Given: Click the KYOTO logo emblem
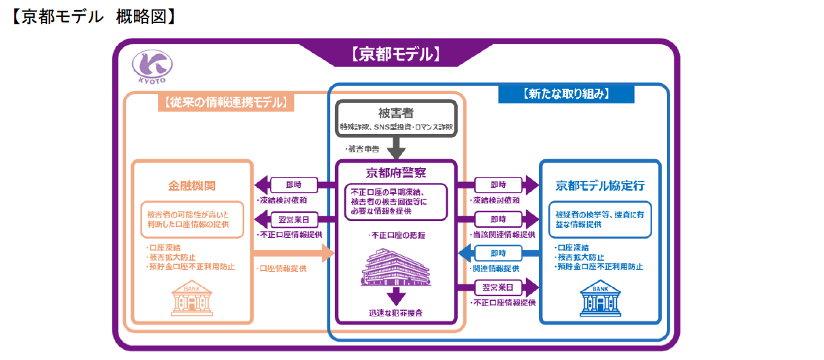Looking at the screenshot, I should (x=152, y=66).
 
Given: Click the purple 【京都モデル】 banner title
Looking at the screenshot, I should (x=396, y=54).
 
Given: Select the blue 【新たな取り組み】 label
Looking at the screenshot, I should (x=565, y=94).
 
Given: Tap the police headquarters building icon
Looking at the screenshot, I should (x=396, y=267).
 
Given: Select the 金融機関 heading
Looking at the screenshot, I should (x=192, y=184).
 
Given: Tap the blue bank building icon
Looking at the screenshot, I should (x=599, y=299).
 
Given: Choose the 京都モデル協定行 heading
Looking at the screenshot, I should (x=599, y=184).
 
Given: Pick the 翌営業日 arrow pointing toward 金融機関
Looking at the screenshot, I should (x=294, y=219).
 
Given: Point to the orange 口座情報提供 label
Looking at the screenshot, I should (x=282, y=269).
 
